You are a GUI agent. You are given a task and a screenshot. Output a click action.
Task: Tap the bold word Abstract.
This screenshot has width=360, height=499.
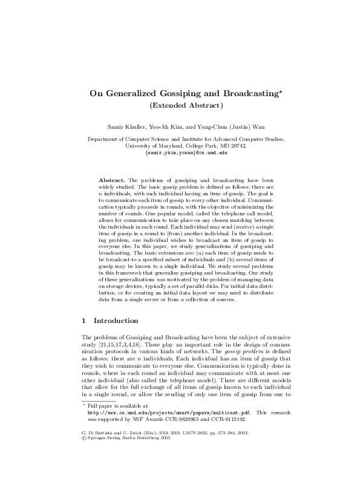(111, 180)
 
